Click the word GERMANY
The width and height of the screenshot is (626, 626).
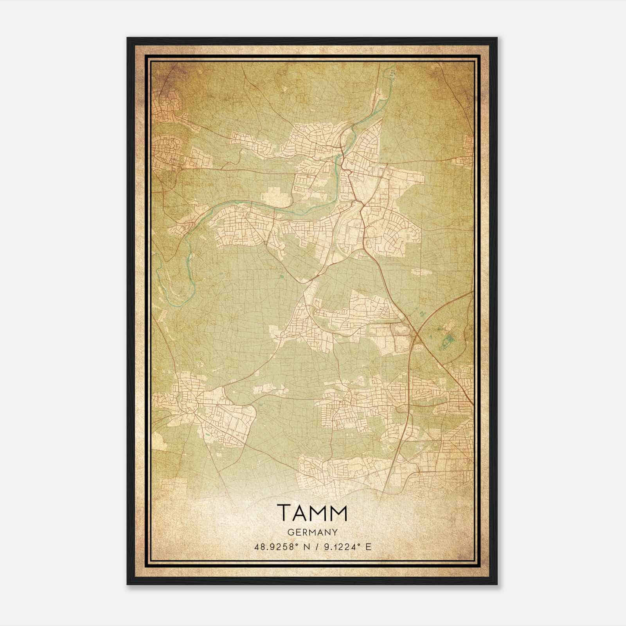[x=313, y=532]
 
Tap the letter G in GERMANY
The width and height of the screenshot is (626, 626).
[x=290, y=532]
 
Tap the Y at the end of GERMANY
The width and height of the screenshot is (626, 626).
[x=335, y=532]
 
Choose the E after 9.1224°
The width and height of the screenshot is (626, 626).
[x=368, y=547]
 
